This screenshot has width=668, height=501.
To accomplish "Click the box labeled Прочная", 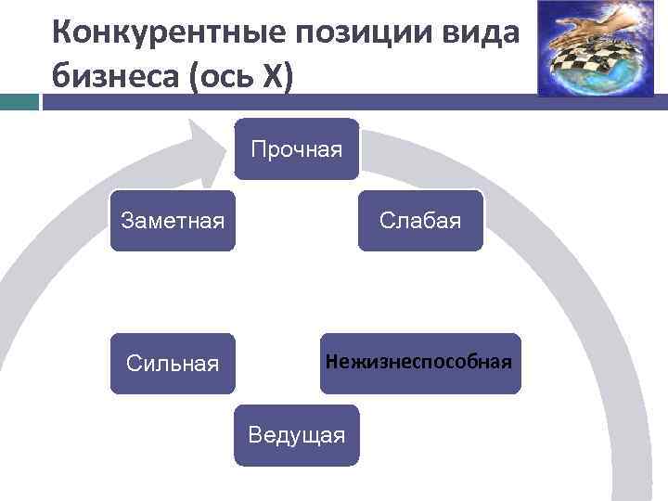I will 296,148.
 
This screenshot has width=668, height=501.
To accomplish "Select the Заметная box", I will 173,221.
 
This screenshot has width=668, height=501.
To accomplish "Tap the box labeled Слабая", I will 420,221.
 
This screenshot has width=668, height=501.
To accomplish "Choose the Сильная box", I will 173,363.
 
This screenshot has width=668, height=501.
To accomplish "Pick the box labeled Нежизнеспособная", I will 418,363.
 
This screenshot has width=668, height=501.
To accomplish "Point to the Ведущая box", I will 296,434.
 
